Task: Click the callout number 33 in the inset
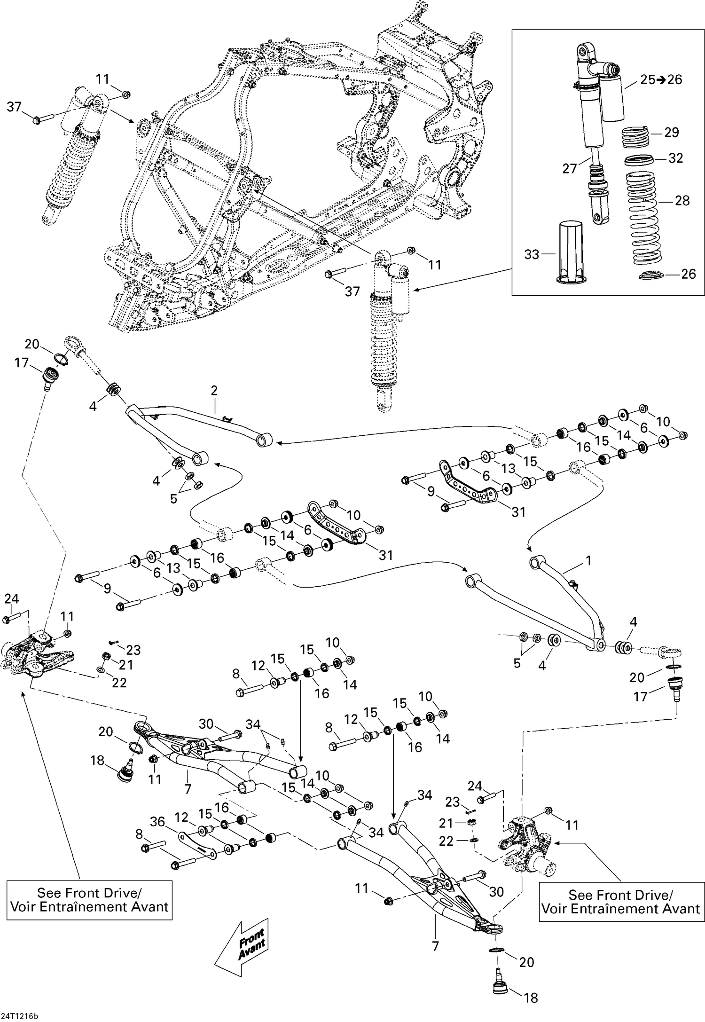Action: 532,254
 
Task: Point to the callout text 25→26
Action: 661,80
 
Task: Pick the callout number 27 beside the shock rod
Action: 569,169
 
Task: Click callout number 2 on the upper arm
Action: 214,391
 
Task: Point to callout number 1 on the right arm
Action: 588,561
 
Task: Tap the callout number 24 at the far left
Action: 11,599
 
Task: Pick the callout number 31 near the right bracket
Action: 518,512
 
